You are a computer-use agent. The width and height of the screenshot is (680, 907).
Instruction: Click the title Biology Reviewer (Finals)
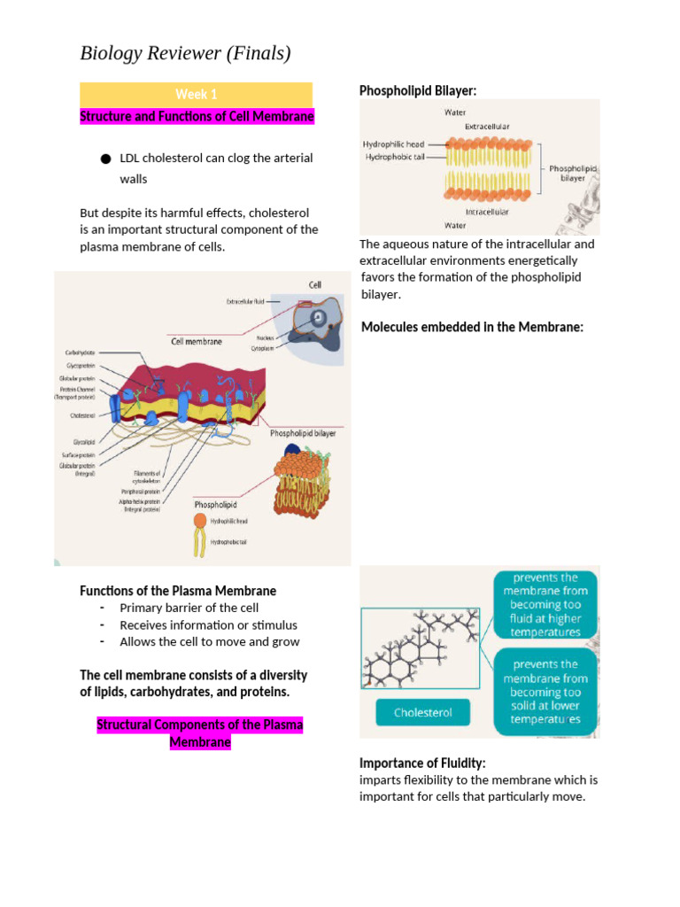click(x=185, y=54)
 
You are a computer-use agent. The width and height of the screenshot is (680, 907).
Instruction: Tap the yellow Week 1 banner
click(x=196, y=94)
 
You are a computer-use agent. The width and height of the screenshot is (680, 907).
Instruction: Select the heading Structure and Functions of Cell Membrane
click(x=197, y=117)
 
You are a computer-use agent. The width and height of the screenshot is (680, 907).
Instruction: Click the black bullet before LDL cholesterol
click(x=106, y=159)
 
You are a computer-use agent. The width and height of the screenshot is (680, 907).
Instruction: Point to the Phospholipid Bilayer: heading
click(x=418, y=90)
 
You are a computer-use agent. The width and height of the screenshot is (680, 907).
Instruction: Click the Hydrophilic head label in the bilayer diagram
click(x=394, y=144)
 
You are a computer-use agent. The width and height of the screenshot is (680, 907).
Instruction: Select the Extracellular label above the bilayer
click(x=487, y=127)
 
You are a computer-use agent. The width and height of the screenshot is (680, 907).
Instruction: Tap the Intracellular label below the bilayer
click(x=486, y=212)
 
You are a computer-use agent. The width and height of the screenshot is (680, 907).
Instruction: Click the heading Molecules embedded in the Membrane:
click(x=472, y=327)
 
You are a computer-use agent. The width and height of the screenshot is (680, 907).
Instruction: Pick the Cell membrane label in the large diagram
click(x=197, y=341)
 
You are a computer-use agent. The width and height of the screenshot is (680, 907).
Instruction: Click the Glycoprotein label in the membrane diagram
click(x=80, y=365)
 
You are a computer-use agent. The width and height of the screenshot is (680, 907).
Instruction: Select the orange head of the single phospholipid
click(x=200, y=521)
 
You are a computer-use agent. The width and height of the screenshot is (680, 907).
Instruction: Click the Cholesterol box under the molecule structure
click(x=422, y=712)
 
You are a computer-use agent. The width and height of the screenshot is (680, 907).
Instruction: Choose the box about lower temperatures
click(x=545, y=692)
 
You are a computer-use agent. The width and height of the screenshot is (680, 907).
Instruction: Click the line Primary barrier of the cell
click(x=189, y=608)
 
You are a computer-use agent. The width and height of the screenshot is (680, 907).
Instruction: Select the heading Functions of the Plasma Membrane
click(x=178, y=590)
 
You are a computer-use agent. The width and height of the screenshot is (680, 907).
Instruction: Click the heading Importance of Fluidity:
click(x=422, y=763)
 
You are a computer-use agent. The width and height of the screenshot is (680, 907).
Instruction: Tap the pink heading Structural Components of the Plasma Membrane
click(x=199, y=733)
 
